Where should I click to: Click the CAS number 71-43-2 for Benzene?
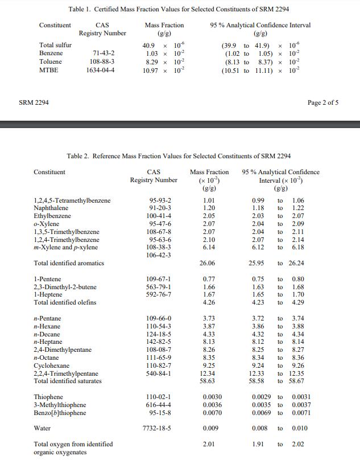[103, 53]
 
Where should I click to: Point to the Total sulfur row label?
[55, 45]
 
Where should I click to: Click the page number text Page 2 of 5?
[322, 102]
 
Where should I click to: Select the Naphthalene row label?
[52, 208]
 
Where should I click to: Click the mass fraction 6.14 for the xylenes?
[209, 247]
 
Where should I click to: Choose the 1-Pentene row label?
[47, 279]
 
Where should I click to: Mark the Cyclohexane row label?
[51, 365]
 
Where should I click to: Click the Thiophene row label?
[48, 397]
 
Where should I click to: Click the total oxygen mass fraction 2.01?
[209, 444]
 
